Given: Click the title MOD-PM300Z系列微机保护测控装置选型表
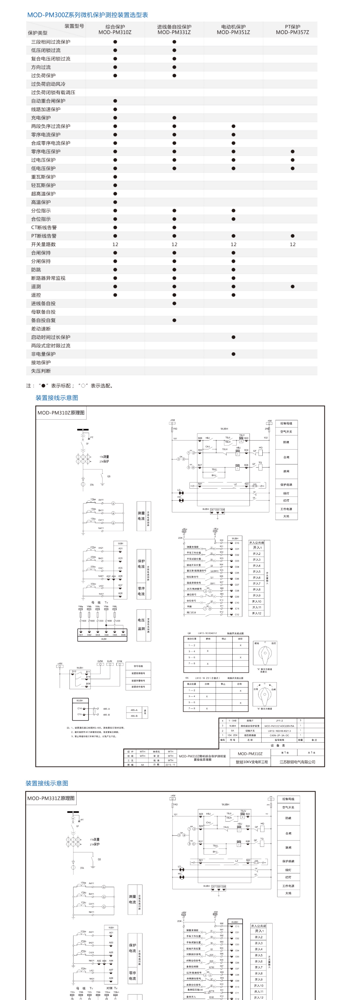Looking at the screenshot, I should pyautogui.click(x=87, y=15).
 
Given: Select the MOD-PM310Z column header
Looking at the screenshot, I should pyautogui.click(x=115, y=30).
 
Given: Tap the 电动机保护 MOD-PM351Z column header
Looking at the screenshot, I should pyautogui.click(x=233, y=30).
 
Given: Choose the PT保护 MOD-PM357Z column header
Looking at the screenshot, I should pyautogui.click(x=292, y=30).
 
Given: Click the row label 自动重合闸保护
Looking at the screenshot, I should pyautogui.click(x=48, y=101).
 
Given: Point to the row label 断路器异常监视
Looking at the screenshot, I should pyautogui.click(x=48, y=278).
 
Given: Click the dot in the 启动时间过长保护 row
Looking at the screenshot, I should pyautogui.click(x=233, y=337).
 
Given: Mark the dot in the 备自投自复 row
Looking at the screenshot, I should pyautogui.click(x=174, y=320).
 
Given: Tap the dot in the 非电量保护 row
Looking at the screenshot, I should pyautogui.click(x=233, y=354).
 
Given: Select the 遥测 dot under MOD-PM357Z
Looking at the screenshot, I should pyautogui.click(x=292, y=286).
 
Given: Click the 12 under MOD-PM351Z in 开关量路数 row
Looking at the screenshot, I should pyautogui.click(x=233, y=244).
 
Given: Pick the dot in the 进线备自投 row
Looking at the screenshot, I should pyautogui.click(x=174, y=304).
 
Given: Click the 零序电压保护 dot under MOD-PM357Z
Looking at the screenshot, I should pyautogui.click(x=292, y=151).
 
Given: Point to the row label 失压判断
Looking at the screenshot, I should pyautogui.click(x=41, y=371).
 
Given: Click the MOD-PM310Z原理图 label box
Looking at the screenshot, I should pyautogui.click(x=61, y=413).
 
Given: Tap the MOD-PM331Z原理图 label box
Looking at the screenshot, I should pyautogui.click(x=51, y=798).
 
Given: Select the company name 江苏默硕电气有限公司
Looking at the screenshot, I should pyautogui.click(x=298, y=762).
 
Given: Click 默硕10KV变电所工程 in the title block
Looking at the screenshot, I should pyautogui.click(x=252, y=762).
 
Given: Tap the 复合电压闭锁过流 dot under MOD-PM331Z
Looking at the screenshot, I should pyautogui.click(x=174, y=59).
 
